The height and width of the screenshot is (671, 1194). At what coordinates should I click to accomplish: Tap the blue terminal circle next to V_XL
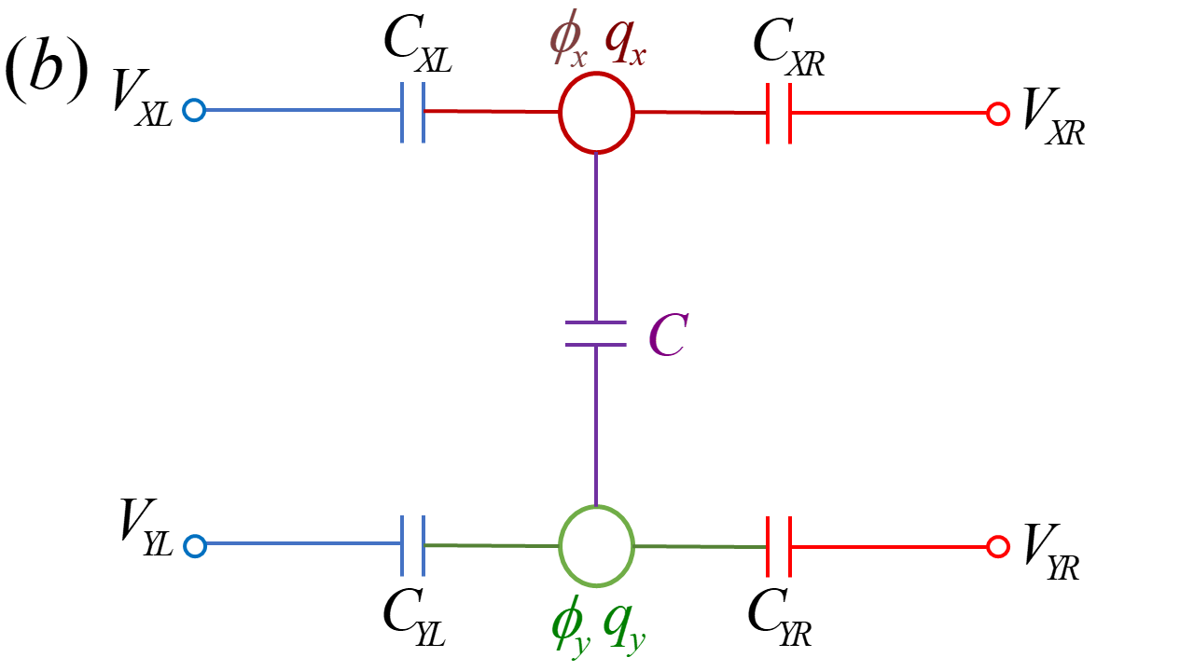point(193,112)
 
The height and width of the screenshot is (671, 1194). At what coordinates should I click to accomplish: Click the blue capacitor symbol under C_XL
point(413,112)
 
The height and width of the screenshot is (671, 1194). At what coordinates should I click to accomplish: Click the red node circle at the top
point(597,113)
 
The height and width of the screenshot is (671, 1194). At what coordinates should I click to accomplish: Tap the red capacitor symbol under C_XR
point(779,113)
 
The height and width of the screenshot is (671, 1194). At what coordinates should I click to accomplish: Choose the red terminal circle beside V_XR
point(998,114)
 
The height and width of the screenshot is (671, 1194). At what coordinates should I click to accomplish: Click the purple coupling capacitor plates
point(596,334)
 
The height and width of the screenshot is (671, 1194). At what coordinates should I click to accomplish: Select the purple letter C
point(668,338)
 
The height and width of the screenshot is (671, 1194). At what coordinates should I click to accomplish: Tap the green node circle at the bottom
point(597,546)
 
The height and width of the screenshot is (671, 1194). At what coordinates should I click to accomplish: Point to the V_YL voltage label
point(146,528)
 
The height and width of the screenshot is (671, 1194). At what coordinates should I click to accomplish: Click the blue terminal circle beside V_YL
point(193,546)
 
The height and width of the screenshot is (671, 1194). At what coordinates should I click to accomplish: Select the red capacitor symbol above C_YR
point(779,546)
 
